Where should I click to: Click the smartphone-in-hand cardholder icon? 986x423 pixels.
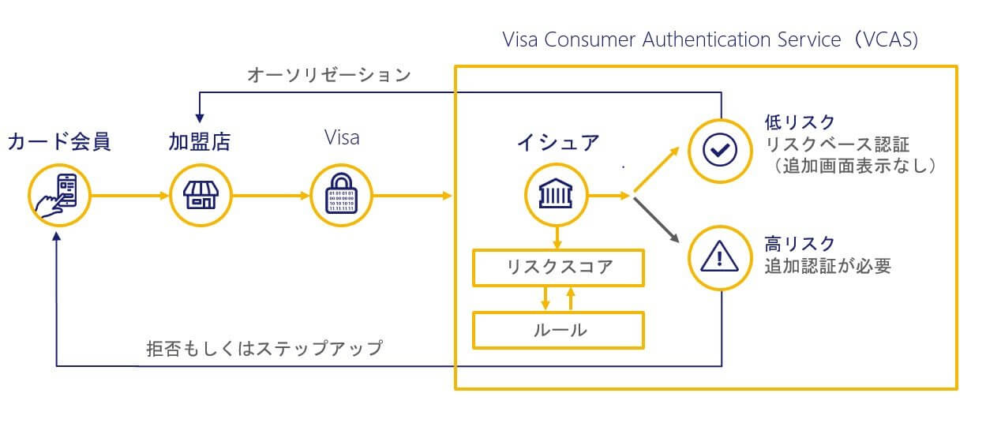pyautogui.click(x=59, y=196)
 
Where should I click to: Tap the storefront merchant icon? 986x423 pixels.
pyautogui.click(x=201, y=196)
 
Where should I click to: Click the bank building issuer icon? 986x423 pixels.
pyautogui.click(x=557, y=195)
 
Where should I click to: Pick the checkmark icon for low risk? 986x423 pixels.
pyautogui.click(x=720, y=151)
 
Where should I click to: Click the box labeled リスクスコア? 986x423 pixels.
pyautogui.click(x=559, y=268)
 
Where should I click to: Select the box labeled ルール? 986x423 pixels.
pyautogui.click(x=559, y=330)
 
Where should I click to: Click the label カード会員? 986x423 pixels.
pyautogui.click(x=59, y=142)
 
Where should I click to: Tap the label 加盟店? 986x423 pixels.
pyautogui.click(x=200, y=142)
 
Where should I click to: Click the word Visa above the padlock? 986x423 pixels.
pyautogui.click(x=342, y=137)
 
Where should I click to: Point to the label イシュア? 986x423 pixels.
pyautogui.click(x=558, y=143)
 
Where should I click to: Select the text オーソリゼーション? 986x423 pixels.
pyautogui.click(x=329, y=75)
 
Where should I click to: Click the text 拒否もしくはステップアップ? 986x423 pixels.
pyautogui.click(x=264, y=348)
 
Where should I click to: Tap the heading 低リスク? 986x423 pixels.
pyautogui.click(x=800, y=122)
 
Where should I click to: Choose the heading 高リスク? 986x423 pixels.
pyautogui.click(x=800, y=243)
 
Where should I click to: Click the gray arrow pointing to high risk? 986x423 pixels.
pyautogui.click(x=656, y=220)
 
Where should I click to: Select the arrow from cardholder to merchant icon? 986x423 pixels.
pyautogui.click(x=129, y=196)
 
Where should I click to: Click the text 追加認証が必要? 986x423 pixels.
pyautogui.click(x=828, y=266)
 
